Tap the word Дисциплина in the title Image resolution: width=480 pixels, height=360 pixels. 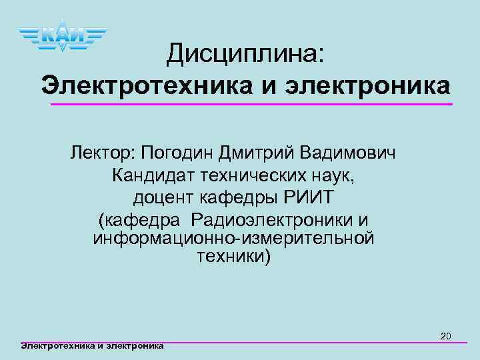click(245, 53)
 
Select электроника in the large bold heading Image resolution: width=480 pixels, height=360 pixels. click(368, 86)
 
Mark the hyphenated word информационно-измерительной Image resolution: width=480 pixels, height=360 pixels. click(233, 238)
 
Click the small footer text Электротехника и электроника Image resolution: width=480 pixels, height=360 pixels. click(93, 345)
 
